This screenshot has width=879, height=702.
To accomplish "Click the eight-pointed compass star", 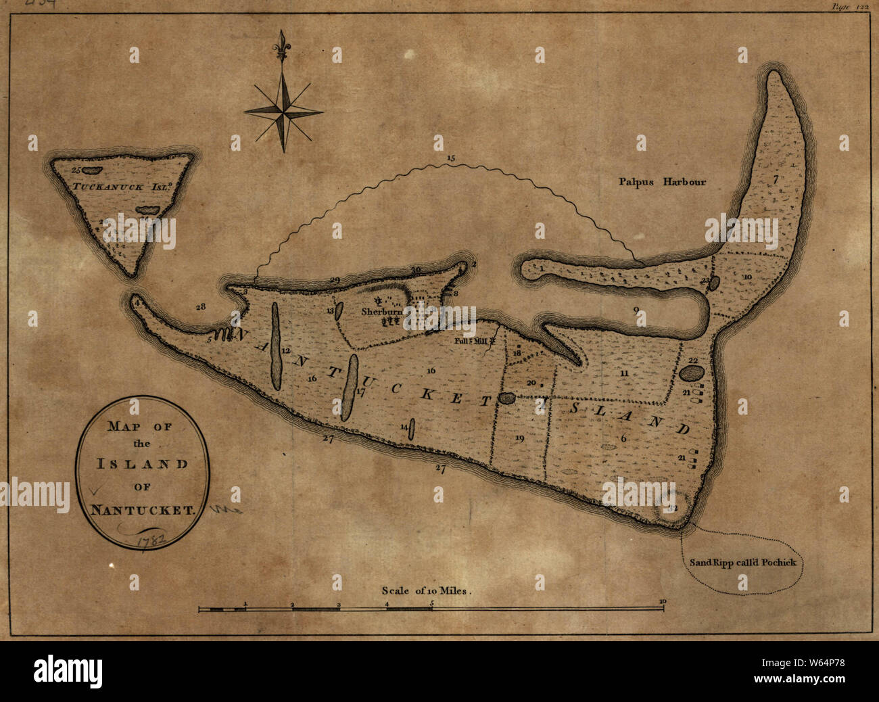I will click(x=283, y=109).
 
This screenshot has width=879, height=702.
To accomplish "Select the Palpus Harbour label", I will click(x=662, y=181).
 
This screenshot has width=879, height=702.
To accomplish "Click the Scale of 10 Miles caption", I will click(x=425, y=590).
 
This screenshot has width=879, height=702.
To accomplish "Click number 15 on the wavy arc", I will click(x=451, y=158).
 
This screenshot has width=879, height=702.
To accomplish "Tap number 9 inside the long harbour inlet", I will click(x=636, y=310).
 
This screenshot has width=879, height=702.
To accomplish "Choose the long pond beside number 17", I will click(x=349, y=388).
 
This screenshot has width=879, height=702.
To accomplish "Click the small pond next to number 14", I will click(x=412, y=429).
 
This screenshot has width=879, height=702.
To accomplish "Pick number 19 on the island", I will click(x=519, y=438).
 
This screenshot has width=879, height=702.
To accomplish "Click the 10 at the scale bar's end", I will click(x=663, y=601).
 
